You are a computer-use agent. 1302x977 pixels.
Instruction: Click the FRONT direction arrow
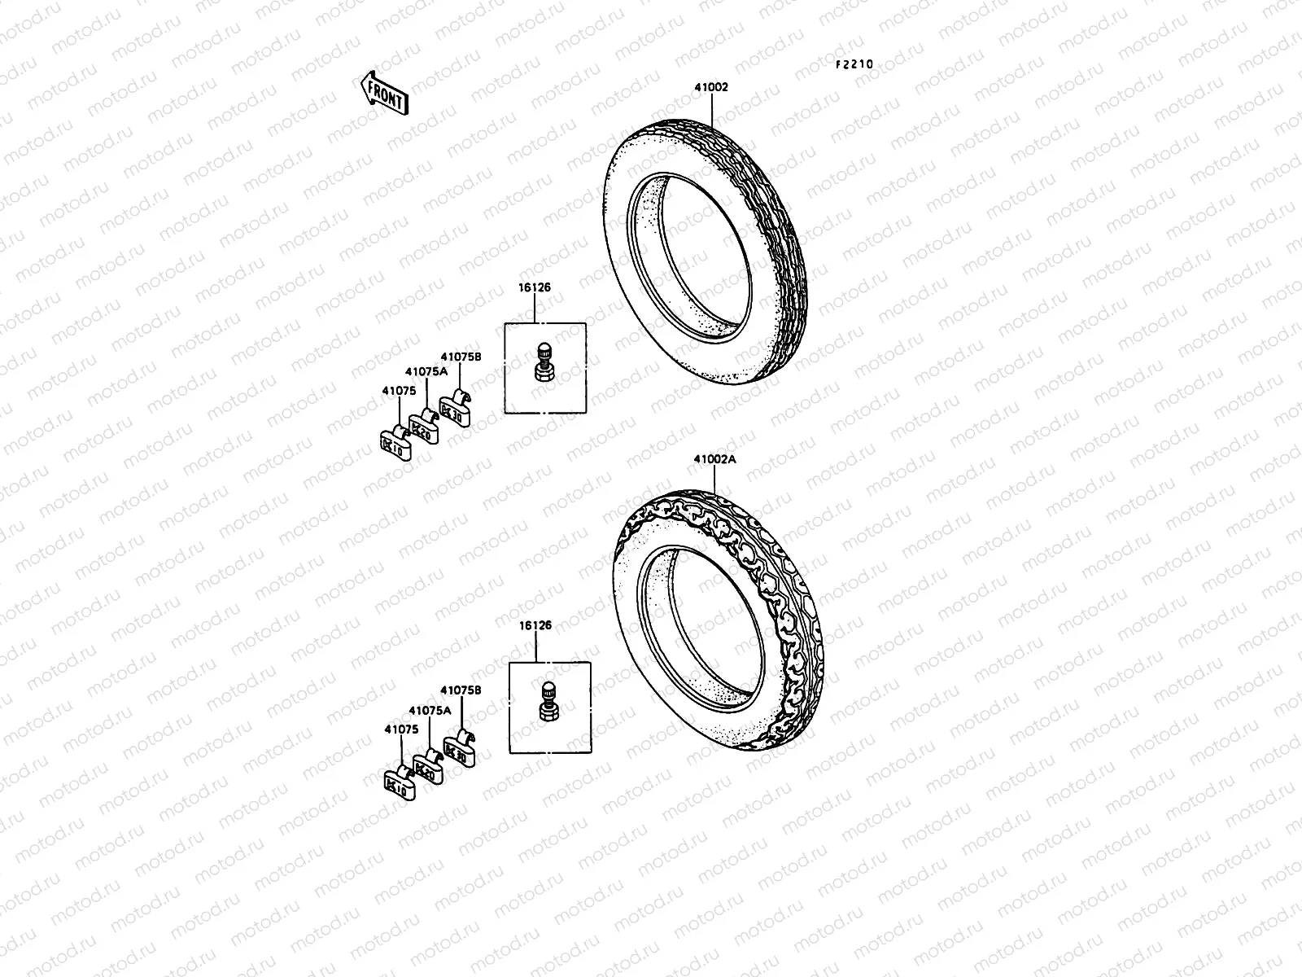point(383,93)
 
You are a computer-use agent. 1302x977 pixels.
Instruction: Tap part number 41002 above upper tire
point(711,87)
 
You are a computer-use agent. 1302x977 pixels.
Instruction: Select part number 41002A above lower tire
point(714,459)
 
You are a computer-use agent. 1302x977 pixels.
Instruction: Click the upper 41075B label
point(461,357)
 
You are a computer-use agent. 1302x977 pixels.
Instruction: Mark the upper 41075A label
point(427,371)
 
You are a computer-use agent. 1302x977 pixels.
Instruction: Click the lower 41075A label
point(430,710)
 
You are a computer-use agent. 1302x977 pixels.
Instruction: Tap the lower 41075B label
point(461,690)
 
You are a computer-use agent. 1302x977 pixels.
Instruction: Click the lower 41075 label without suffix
point(401,729)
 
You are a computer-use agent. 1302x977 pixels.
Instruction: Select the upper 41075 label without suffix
point(400,391)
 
